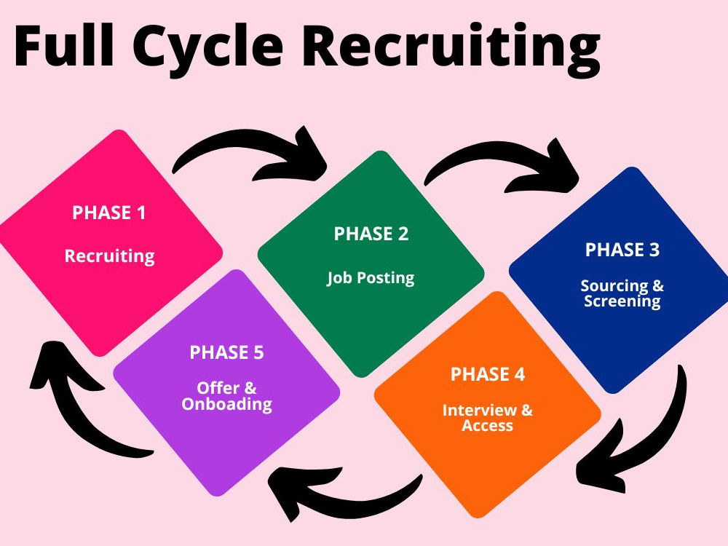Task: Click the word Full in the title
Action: [64, 45]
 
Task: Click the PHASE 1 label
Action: [109, 213]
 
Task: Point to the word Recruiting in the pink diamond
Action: [110, 256]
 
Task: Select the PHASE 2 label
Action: [371, 234]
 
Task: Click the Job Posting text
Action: [371, 277]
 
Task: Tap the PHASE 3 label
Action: [622, 250]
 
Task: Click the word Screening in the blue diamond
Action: [622, 301]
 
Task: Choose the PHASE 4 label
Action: [488, 374]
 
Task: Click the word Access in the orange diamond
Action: [488, 425]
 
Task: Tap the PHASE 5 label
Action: [226, 352]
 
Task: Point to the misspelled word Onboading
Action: [226, 404]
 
